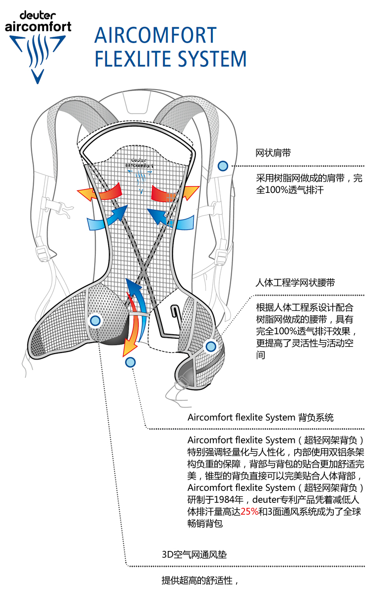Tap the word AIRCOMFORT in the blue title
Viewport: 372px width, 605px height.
point(156,36)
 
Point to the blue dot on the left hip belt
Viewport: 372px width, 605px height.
point(95,320)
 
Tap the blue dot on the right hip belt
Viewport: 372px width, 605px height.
point(211,346)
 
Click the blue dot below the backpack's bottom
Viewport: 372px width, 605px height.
point(130,363)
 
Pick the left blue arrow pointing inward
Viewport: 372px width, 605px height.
point(107,219)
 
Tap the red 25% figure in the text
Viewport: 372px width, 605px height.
point(249,511)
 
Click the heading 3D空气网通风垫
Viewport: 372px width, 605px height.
point(194,554)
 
